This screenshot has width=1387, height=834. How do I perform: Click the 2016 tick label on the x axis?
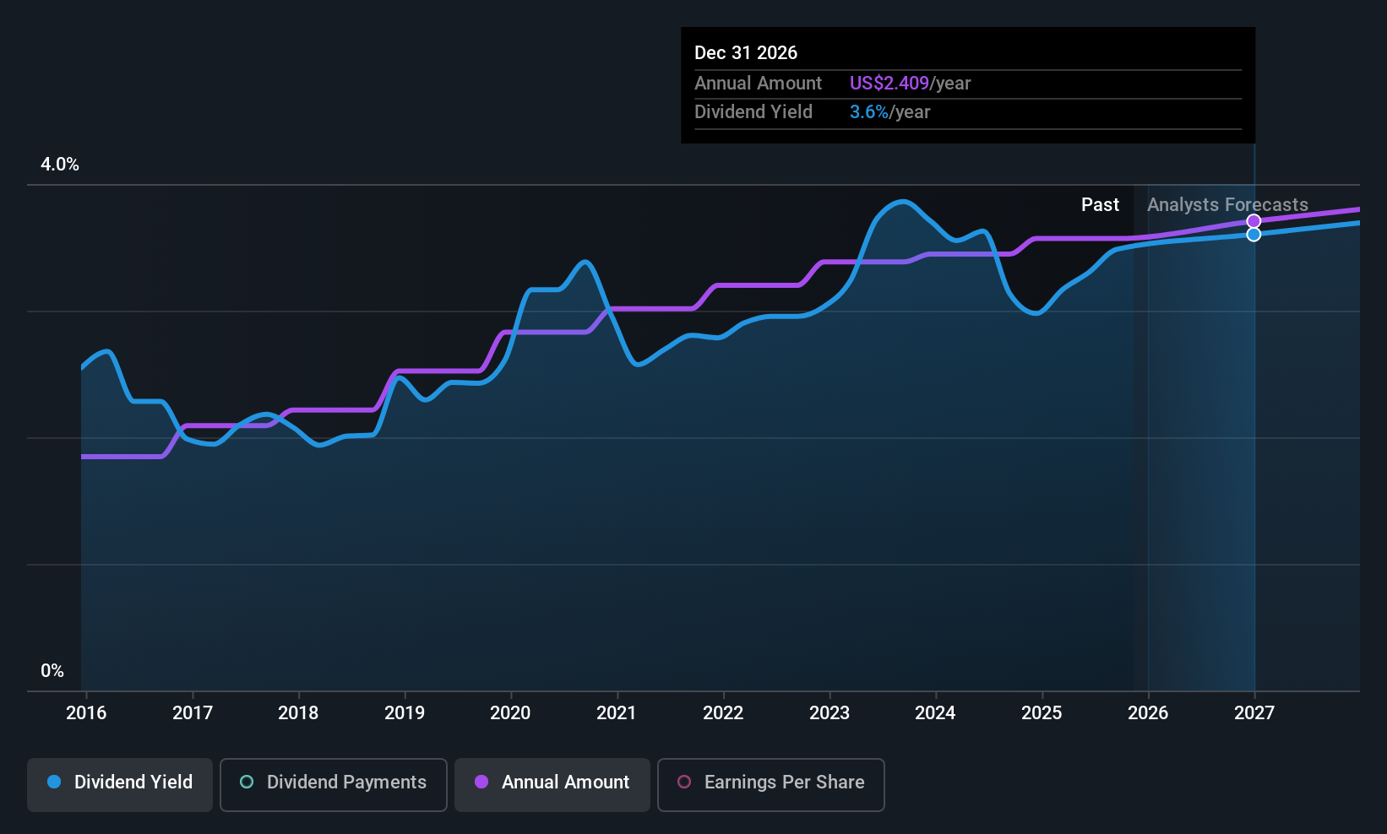click(86, 712)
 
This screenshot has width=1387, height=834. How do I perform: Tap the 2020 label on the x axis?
click(510, 712)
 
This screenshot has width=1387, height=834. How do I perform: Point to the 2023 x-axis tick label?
click(829, 712)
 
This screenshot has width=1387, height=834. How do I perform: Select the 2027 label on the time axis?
click(1254, 712)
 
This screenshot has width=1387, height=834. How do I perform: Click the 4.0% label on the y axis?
click(60, 165)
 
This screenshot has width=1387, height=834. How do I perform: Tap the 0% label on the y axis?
click(52, 671)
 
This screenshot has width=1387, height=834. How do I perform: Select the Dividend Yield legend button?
click(120, 783)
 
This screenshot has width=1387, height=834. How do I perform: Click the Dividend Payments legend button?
click(334, 783)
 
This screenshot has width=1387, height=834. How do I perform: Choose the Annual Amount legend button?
click(552, 783)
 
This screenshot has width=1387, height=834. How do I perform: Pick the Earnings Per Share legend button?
click(770, 783)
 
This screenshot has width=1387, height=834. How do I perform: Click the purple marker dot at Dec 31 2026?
click(1254, 221)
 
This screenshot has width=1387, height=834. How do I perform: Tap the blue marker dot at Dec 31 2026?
click(1254, 235)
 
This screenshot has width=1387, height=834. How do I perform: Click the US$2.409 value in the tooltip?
click(889, 84)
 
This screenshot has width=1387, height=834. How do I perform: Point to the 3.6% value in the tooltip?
click(868, 112)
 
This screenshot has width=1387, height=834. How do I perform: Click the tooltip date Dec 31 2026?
click(746, 53)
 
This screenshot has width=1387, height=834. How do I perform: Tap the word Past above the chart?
click(1100, 205)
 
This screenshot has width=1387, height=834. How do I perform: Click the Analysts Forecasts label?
click(1227, 205)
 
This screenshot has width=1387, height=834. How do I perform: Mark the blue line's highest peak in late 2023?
click(903, 201)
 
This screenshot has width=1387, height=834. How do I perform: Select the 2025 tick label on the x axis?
click(1041, 712)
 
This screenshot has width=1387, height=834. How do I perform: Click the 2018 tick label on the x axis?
click(298, 712)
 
